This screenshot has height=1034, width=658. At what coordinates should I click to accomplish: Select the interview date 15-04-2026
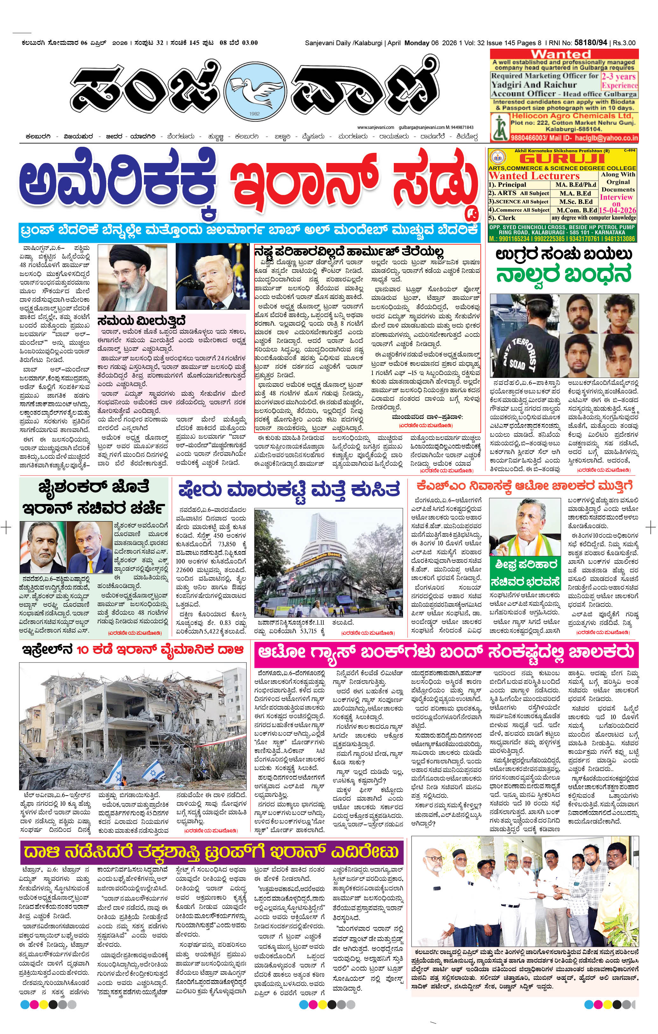point(618,210)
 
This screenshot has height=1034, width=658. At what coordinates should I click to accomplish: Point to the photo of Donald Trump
point(212,277)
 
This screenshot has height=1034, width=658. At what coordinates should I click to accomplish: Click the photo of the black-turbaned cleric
point(132,277)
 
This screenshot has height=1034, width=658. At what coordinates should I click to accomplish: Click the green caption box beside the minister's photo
point(526,572)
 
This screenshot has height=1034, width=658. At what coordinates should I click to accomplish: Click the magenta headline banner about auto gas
point(446,652)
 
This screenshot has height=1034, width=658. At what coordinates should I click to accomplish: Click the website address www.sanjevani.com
point(375,127)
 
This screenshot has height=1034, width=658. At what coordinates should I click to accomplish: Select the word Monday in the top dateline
point(417,43)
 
